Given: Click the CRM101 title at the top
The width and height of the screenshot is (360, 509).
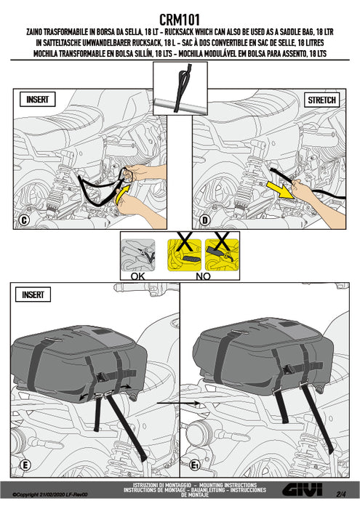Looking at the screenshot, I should [x=180, y=20].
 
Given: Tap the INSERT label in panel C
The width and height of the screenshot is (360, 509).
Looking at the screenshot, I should [x=40, y=100].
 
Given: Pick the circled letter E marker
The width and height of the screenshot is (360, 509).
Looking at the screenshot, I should [x=25, y=464].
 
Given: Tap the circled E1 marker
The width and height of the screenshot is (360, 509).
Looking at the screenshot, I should [x=205, y=464].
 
